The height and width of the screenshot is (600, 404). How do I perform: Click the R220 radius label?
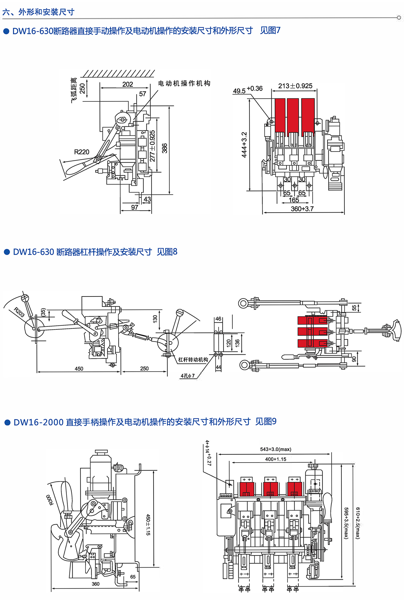(81, 152)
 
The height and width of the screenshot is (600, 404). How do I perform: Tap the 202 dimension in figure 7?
(128, 84)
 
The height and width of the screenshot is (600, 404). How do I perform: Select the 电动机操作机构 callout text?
(184, 83)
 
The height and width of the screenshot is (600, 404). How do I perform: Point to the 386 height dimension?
(165, 148)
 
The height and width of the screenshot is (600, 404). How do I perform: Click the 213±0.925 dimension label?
(295, 86)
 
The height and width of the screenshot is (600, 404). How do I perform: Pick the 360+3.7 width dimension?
(302, 209)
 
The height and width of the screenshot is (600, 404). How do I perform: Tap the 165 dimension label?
(294, 200)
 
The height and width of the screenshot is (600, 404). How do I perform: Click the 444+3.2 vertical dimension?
(244, 145)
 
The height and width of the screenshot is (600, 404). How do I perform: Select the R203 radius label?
(19, 312)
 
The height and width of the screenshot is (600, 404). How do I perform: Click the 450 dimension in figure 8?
(79, 369)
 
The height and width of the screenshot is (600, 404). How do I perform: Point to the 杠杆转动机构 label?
(193, 360)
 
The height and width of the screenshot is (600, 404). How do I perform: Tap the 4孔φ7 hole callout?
(188, 376)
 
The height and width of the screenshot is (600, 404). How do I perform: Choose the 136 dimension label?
(237, 343)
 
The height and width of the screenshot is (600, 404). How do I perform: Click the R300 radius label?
(49, 500)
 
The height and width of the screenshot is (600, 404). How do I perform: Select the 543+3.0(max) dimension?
(275, 449)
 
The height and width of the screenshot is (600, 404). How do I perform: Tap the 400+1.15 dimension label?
(275, 459)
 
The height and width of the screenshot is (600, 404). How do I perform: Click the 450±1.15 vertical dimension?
(148, 525)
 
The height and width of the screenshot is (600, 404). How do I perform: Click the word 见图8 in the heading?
(167, 252)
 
